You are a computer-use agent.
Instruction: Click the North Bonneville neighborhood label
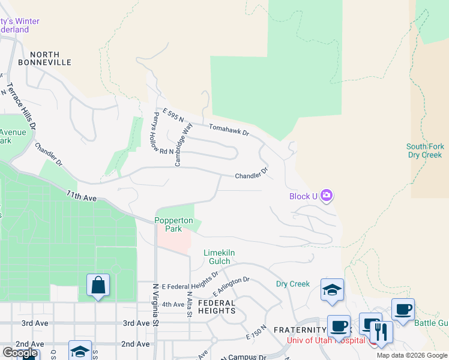click(44, 58)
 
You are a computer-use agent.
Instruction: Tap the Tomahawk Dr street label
click(229, 129)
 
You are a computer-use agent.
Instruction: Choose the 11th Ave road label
click(82, 196)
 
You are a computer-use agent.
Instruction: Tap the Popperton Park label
click(173, 224)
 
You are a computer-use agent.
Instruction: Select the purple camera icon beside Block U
click(327, 195)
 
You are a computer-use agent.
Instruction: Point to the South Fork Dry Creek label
click(425, 151)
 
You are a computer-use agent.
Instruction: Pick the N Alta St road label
click(189, 306)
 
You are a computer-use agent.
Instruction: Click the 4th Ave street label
click(173, 304)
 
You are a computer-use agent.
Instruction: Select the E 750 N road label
click(255, 334)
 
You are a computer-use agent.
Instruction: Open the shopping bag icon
click(98, 286)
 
